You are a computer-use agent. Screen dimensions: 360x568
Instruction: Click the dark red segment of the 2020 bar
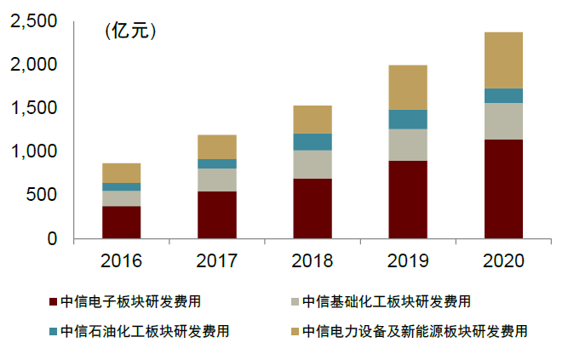pos(503,189)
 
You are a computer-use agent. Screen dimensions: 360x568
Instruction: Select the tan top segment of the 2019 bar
pos(408,87)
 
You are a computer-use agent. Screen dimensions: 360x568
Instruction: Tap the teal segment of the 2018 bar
pos(313,141)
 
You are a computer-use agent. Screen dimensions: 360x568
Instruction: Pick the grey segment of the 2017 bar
pos(217,180)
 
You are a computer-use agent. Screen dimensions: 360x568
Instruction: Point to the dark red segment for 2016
pos(121,222)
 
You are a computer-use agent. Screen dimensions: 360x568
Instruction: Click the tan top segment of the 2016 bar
pos(121,173)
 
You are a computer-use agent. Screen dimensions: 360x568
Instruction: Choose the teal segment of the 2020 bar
pos(503,95)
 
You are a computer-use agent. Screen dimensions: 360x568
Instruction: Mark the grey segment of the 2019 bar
pos(408,145)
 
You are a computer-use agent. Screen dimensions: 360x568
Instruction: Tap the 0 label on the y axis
pos(52,239)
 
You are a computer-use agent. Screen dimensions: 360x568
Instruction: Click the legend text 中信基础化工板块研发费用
pos(387,302)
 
